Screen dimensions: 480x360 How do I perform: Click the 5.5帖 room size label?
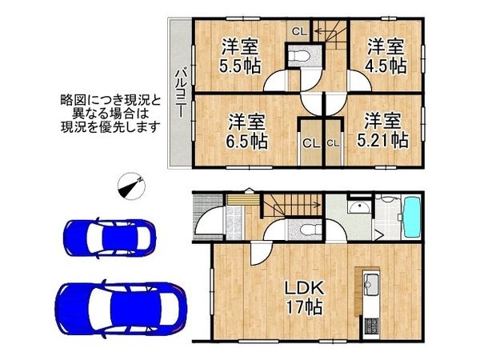pyautogui.click(x=240, y=66)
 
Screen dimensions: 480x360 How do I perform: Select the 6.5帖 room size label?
pyautogui.click(x=246, y=141)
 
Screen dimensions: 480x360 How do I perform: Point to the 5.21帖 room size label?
pyautogui.click(x=383, y=140)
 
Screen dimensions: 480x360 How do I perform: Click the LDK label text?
pyautogui.click(x=304, y=288)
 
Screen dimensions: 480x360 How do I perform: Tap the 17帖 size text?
pyautogui.click(x=304, y=307)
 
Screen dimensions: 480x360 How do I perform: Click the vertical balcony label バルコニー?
pyautogui.click(x=181, y=94)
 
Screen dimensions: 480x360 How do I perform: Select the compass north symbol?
pyautogui.click(x=132, y=186)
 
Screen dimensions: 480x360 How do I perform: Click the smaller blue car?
pyautogui.click(x=110, y=238)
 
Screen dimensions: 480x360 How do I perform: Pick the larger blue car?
pyautogui.click(x=120, y=308)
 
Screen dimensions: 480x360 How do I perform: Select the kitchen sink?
pyautogui.click(x=372, y=285)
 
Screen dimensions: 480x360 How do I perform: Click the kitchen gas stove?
pyautogui.click(x=371, y=326)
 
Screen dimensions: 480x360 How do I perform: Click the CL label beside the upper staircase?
pyautogui.click(x=299, y=31)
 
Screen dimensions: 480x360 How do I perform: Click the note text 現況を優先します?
pyautogui.click(x=110, y=126)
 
